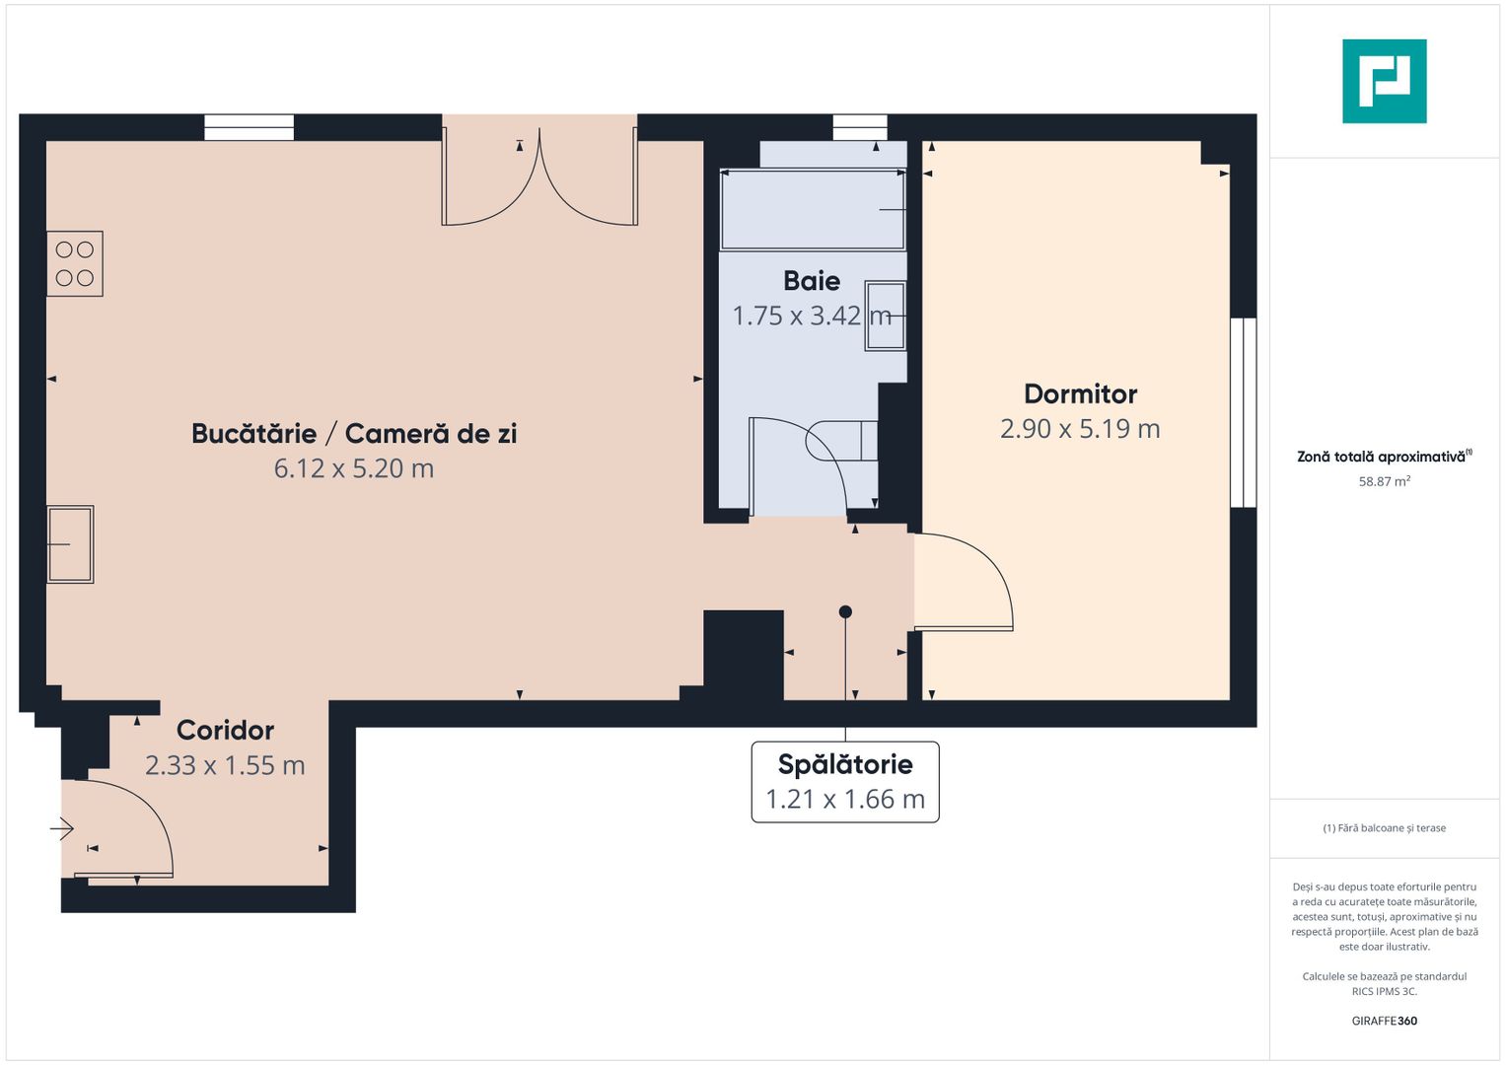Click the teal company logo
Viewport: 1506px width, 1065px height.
1385,81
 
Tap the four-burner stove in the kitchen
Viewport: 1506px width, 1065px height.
75,263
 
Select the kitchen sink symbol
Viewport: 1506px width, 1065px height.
70,544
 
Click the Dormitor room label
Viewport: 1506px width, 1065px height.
1080,394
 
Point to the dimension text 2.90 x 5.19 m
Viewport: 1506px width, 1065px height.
1080,429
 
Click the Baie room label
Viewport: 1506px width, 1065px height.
812,281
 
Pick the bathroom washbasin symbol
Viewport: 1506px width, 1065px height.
886,316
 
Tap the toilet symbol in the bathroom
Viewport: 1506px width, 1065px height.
841,441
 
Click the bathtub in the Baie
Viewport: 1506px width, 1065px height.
813,209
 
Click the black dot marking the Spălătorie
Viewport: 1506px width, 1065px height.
845,611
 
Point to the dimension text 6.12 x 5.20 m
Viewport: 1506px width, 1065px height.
354,468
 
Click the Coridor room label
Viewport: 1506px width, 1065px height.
225,730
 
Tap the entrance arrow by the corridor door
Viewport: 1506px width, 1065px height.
61,828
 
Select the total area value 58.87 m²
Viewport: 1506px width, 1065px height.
1385,481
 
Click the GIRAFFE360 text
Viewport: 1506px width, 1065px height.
1385,1021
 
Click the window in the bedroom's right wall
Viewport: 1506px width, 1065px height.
1243,412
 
